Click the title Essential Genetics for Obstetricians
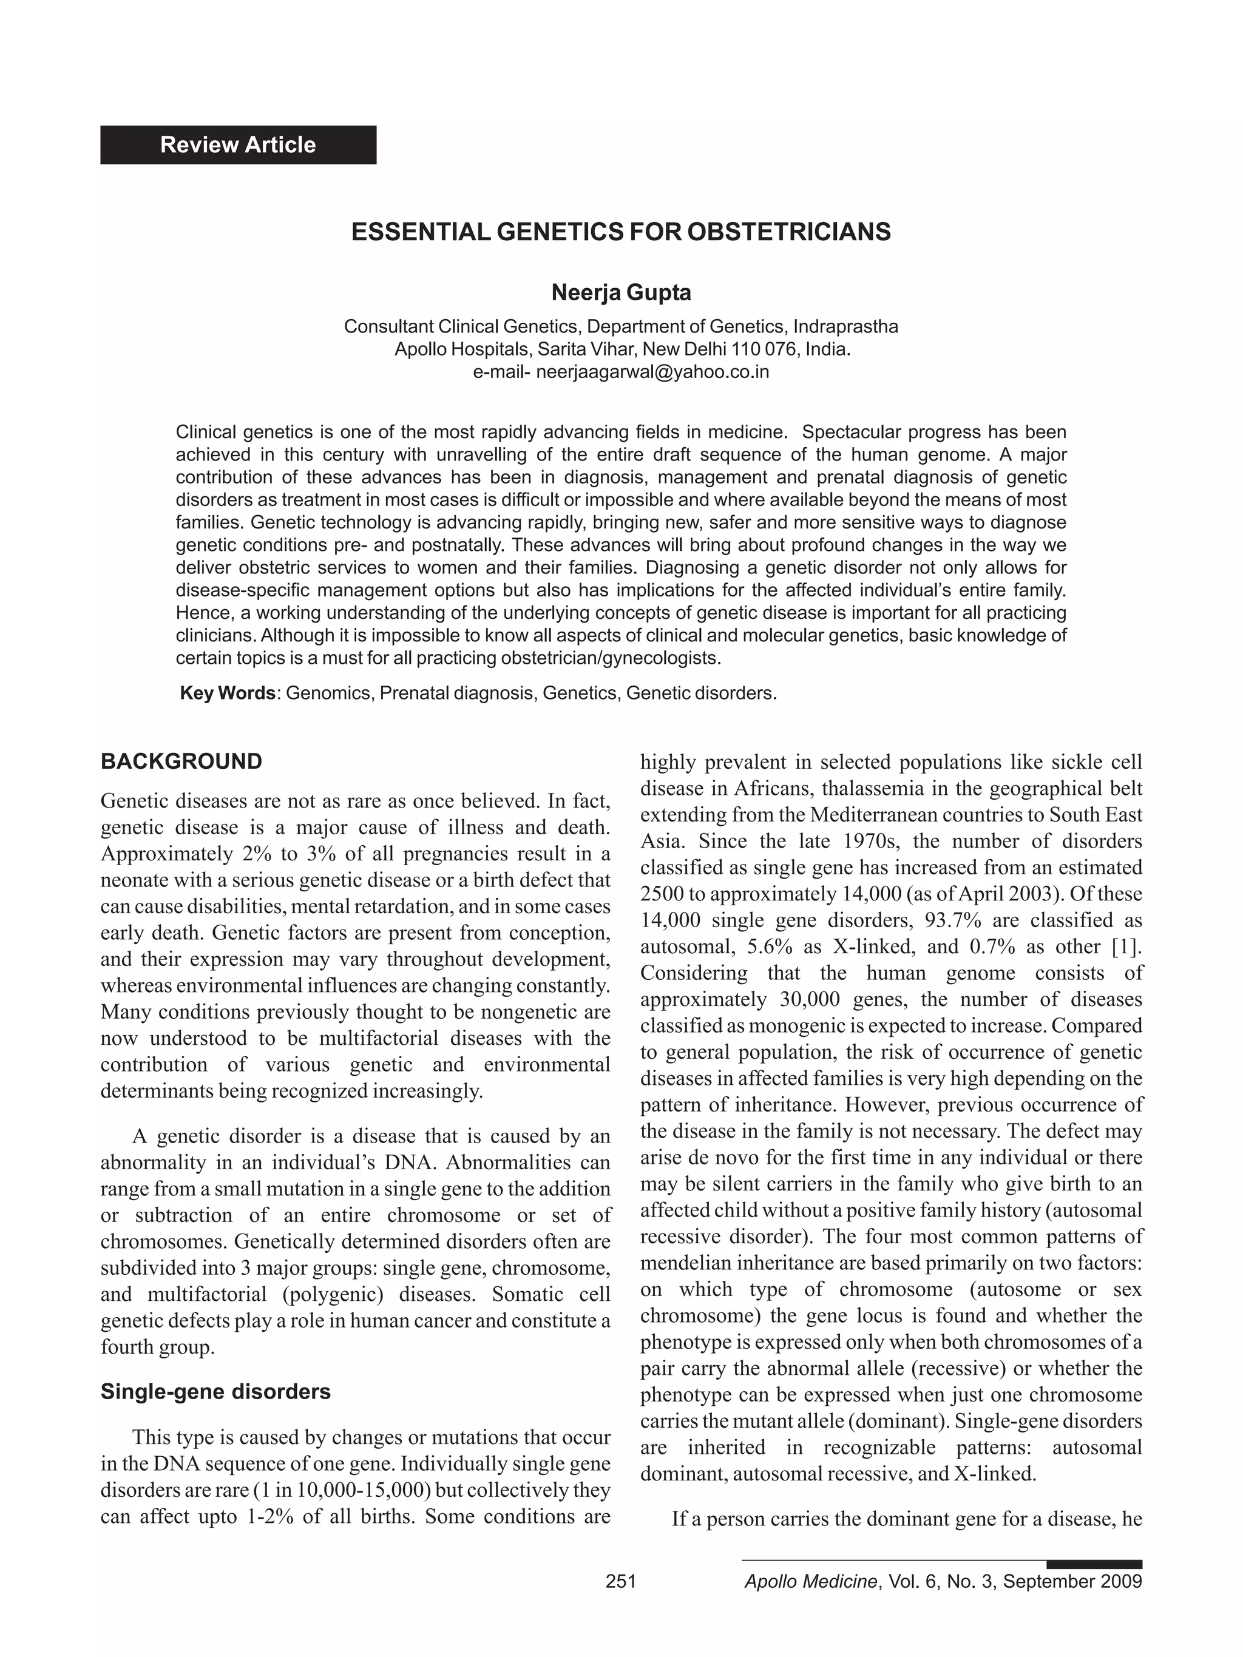click(x=621, y=232)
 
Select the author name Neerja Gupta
click(x=621, y=292)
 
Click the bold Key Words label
click(x=228, y=693)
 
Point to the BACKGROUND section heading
click(x=181, y=762)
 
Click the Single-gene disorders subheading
click(x=216, y=1392)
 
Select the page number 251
click(x=620, y=1581)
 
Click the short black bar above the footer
click(x=1094, y=1564)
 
